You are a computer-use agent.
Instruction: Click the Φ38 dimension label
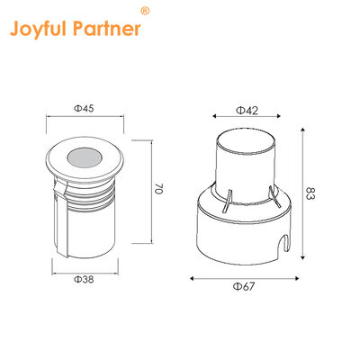pos(83,282)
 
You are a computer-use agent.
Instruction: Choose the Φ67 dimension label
pos(245,286)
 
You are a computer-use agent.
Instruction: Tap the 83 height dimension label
pos(310,194)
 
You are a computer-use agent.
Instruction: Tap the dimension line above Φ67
pos(245,278)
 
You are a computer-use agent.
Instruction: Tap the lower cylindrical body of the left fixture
pos(85,225)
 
